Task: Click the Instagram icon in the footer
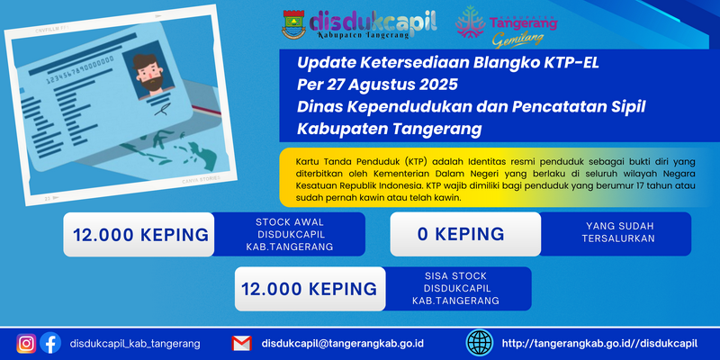click(x=26, y=343)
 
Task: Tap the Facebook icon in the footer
click(x=50, y=343)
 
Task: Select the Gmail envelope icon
click(x=241, y=344)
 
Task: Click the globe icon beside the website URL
click(x=480, y=343)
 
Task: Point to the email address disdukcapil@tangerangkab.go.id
click(x=343, y=344)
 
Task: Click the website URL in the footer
click(x=599, y=344)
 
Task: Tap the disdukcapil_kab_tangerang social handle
click(x=135, y=344)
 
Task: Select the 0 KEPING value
click(x=461, y=234)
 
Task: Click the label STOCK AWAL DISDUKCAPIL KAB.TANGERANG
click(x=289, y=234)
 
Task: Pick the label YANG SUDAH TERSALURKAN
click(x=618, y=232)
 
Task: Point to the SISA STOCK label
click(x=455, y=276)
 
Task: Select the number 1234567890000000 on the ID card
click(x=80, y=72)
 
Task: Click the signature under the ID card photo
click(x=162, y=110)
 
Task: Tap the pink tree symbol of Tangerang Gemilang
click(x=470, y=22)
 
